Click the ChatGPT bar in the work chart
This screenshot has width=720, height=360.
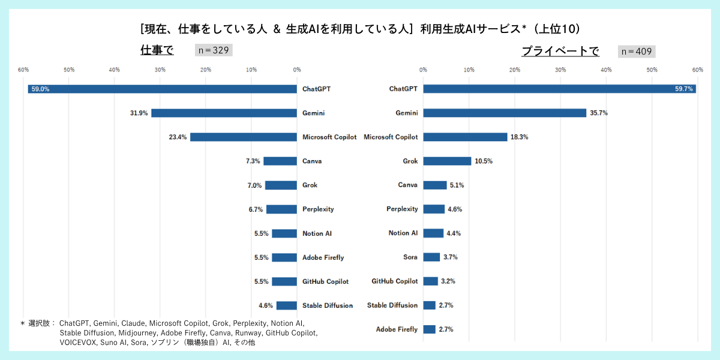(x=162, y=89)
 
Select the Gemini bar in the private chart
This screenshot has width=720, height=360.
(x=505, y=113)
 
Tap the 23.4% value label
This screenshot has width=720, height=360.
(x=178, y=137)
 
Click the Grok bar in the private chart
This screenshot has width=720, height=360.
(x=447, y=161)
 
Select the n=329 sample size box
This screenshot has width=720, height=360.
(x=214, y=50)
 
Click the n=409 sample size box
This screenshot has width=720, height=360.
(x=637, y=52)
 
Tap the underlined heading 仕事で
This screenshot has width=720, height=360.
(x=157, y=50)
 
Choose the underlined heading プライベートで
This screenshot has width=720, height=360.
(x=560, y=52)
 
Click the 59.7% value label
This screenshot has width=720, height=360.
(x=683, y=89)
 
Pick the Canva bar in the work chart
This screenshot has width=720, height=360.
(x=280, y=161)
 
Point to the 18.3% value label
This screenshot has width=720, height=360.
(x=519, y=137)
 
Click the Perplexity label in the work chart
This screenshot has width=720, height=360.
(x=318, y=209)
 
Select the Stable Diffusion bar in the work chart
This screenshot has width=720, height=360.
(x=286, y=305)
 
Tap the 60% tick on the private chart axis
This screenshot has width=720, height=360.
(x=697, y=70)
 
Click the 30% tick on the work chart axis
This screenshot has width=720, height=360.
(x=160, y=70)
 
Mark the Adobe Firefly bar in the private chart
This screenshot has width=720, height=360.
(x=429, y=329)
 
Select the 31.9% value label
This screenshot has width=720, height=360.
(x=139, y=113)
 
